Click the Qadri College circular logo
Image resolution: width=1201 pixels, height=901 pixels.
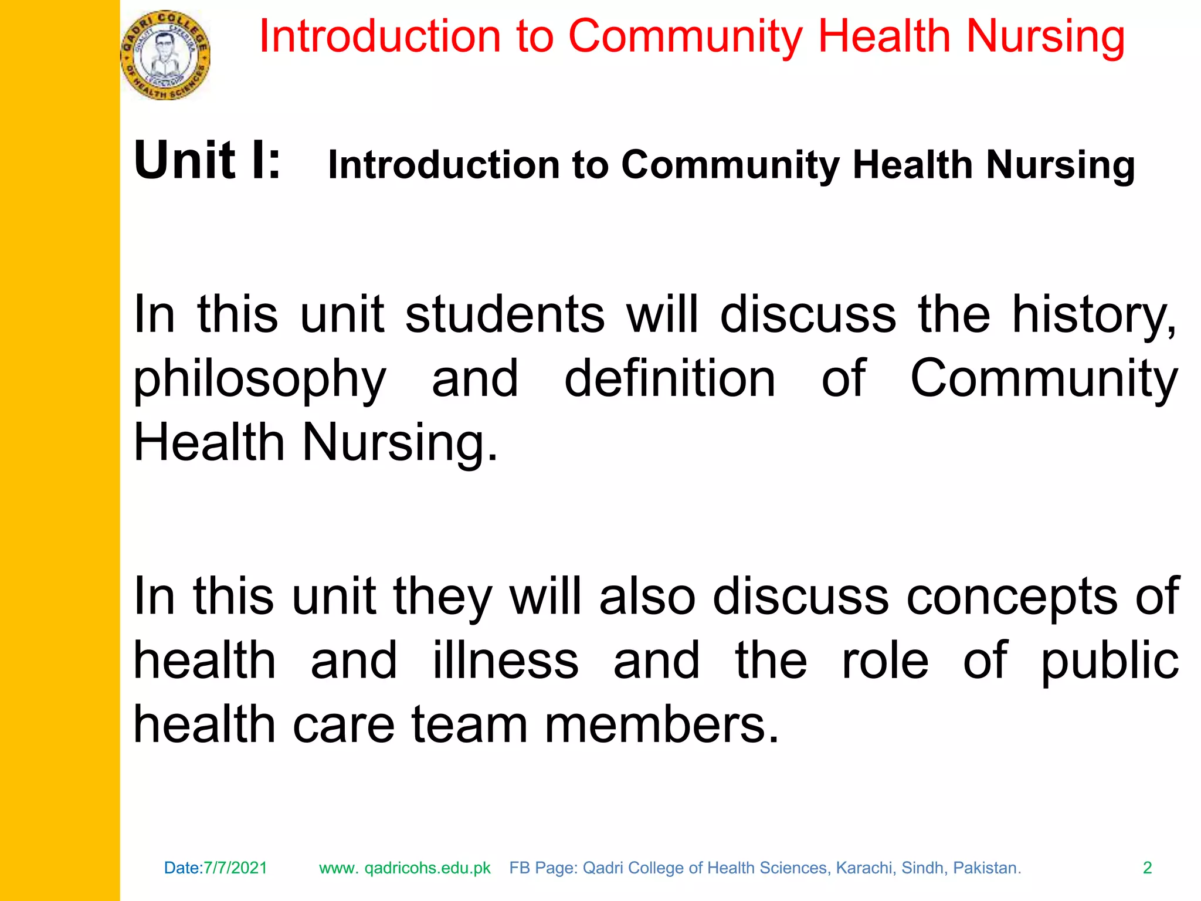point(165,55)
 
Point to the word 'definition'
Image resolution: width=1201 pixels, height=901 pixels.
point(670,379)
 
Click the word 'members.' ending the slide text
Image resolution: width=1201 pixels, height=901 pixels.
point(662,725)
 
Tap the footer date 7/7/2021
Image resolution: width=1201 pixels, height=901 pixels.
point(235,868)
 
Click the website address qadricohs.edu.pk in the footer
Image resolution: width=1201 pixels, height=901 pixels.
point(427,868)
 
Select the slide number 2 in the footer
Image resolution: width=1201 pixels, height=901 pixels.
point(1147,868)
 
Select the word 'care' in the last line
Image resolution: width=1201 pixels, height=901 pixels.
point(344,725)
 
